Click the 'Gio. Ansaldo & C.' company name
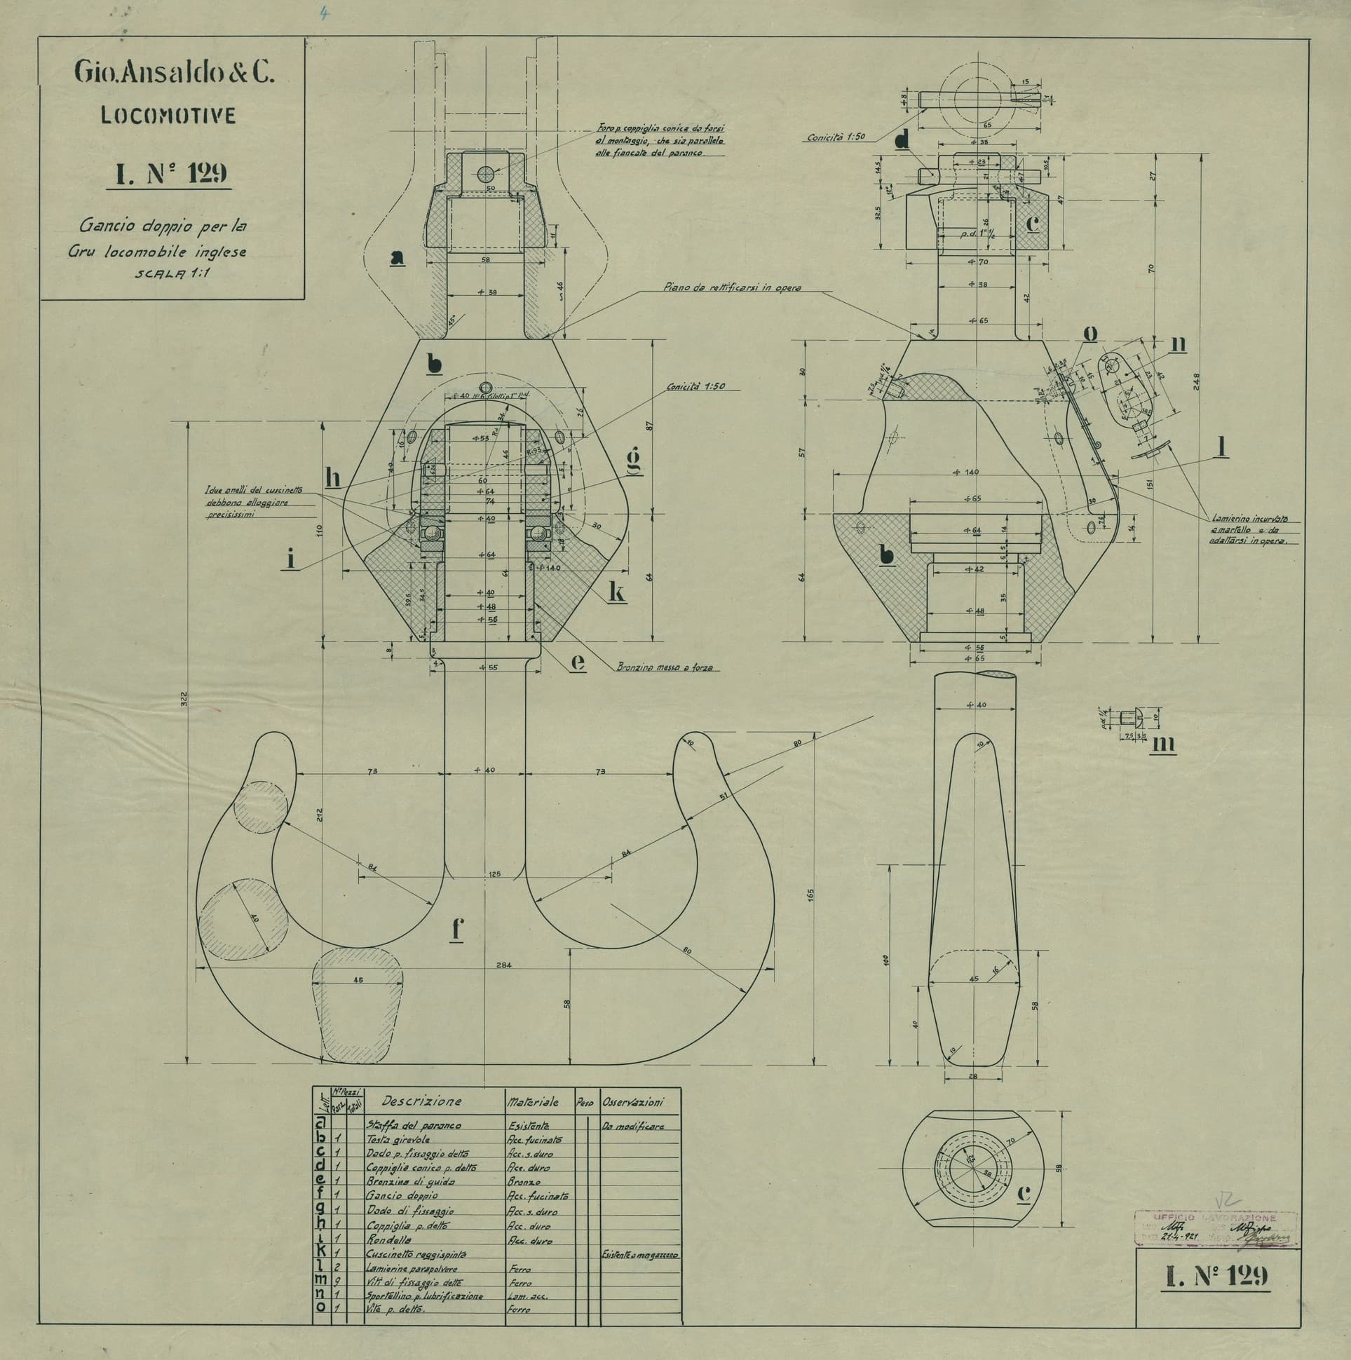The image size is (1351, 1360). pyautogui.click(x=172, y=72)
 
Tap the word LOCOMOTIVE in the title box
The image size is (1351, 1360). pyautogui.click(x=168, y=116)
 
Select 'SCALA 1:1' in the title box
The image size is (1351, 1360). pyautogui.click(x=167, y=273)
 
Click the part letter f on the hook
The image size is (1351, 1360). pyautogui.click(x=458, y=929)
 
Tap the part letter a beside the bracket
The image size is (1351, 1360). pyautogui.click(x=398, y=259)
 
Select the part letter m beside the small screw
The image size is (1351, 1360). pyautogui.click(x=1162, y=743)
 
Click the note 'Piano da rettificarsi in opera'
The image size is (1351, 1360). pyautogui.click(x=731, y=287)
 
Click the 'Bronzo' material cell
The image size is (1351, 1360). pyautogui.click(x=524, y=1182)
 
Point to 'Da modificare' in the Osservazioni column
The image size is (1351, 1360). pyautogui.click(x=632, y=1127)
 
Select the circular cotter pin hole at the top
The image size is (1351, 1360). pyautogui.click(x=485, y=174)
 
